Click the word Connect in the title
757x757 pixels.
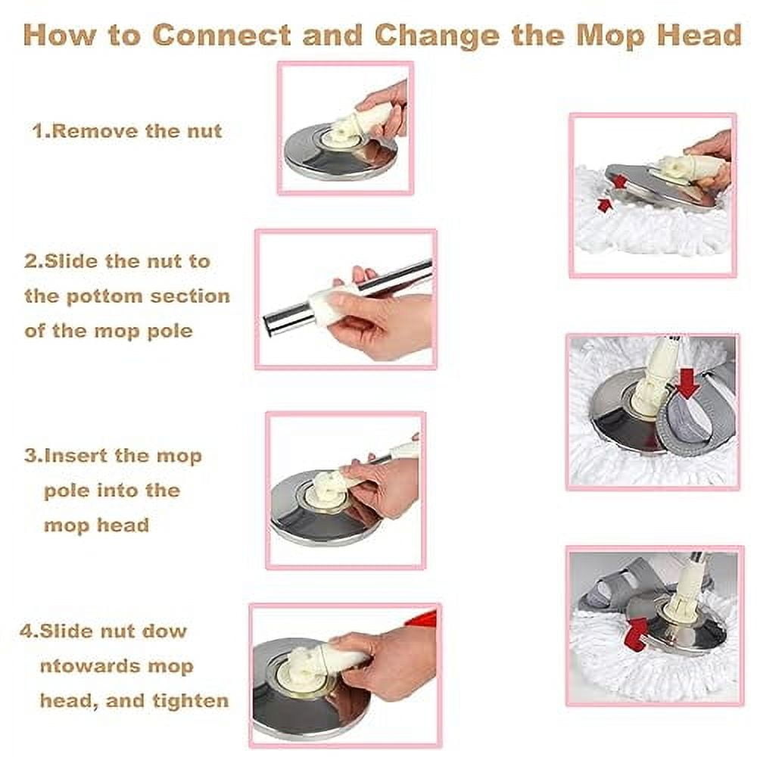tap(222, 36)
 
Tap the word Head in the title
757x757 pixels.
tap(699, 36)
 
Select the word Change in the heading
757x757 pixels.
tap(437, 36)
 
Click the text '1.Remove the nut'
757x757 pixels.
tap(127, 131)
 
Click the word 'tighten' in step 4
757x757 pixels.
tap(191, 701)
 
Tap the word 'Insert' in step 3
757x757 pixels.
tap(75, 456)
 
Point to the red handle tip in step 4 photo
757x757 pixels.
tap(423, 618)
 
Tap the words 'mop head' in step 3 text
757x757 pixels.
tap(97, 526)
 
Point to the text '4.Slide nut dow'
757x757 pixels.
tap(103, 631)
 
